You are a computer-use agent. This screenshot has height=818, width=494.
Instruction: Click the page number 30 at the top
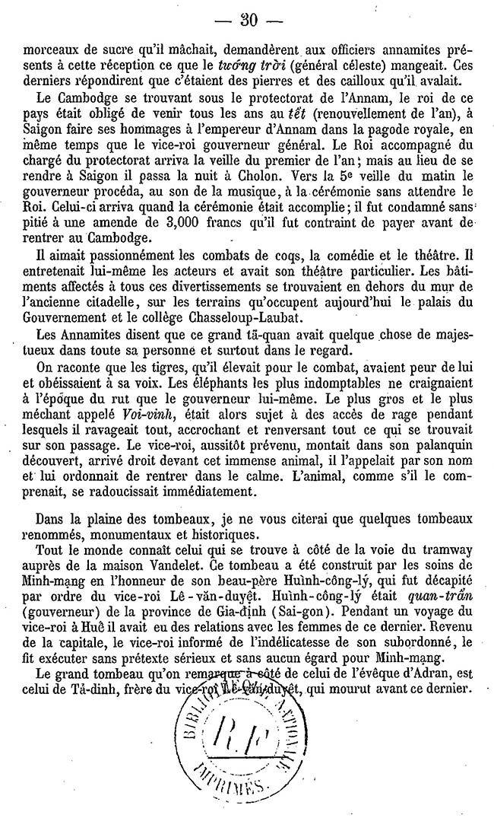coord(247,19)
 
